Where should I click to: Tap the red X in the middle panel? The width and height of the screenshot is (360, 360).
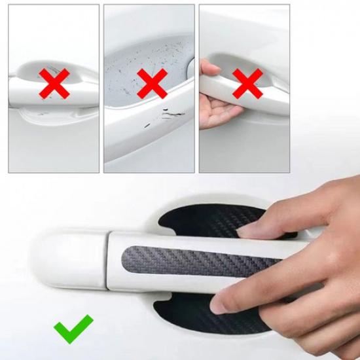[151, 84]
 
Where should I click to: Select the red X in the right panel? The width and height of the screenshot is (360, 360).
[247, 84]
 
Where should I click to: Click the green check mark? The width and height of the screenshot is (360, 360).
[73, 329]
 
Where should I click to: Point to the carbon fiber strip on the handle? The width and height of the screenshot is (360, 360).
[196, 260]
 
